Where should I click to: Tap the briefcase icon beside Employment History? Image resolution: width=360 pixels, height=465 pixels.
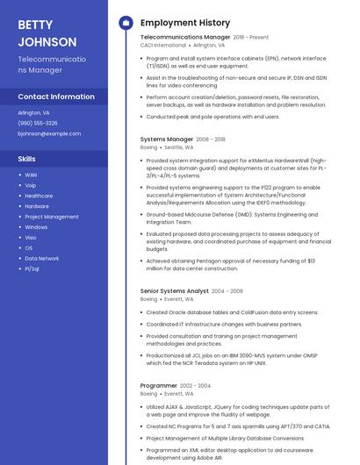(125, 22)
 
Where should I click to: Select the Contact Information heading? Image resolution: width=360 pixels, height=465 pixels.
(56, 97)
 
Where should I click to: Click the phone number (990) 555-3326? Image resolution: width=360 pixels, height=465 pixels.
(38, 123)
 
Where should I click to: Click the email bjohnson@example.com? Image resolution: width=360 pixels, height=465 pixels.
(49, 133)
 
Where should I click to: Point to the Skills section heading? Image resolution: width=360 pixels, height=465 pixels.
(27, 159)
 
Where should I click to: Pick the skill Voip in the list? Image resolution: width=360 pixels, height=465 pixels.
(31, 185)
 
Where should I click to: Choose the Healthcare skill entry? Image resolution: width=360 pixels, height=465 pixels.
(39, 196)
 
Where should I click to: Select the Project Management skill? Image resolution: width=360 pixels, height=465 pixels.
(52, 217)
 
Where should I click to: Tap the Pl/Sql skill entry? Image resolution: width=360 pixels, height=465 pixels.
(32, 268)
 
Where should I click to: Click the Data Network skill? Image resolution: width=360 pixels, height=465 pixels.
(42, 258)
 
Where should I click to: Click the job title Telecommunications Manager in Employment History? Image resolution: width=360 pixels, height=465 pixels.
(185, 38)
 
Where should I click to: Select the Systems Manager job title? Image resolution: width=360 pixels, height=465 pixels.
(167, 139)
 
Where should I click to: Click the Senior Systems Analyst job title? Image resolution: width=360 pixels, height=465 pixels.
(175, 290)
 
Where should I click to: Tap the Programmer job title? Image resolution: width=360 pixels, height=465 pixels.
(159, 385)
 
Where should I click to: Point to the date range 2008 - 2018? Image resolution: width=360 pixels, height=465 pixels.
(211, 139)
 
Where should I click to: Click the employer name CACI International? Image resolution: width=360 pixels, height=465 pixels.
(162, 45)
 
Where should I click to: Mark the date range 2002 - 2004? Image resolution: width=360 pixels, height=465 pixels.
(196, 385)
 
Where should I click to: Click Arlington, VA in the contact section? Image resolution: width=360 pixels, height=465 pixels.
(33, 112)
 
